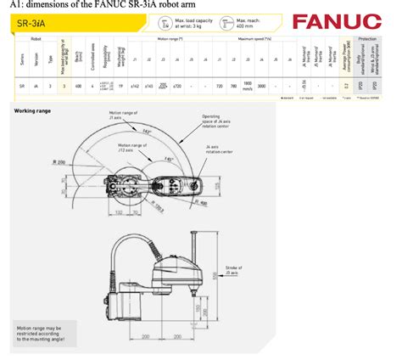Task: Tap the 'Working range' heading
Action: coord(32,110)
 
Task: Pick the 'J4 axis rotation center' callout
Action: coord(218,149)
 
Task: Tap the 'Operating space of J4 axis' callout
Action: coord(216,121)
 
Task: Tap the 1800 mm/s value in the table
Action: coord(248,86)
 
